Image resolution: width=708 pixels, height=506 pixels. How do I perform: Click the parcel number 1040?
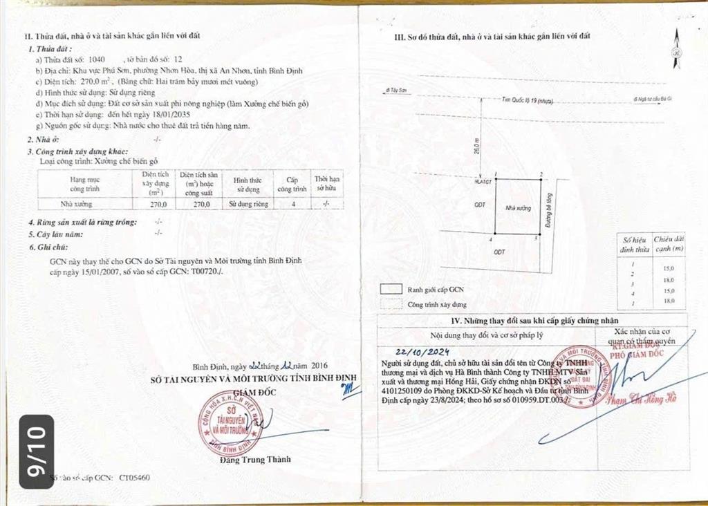99,61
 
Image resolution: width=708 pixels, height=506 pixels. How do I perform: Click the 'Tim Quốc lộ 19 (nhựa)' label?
528,101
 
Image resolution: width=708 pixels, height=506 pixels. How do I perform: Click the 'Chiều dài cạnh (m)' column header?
669,243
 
